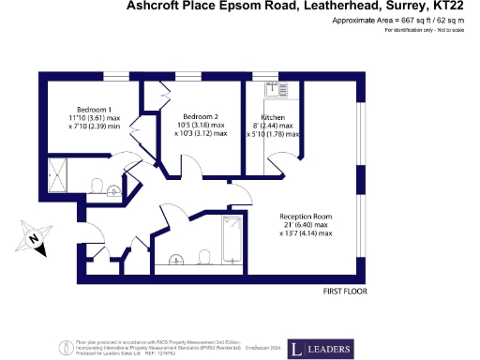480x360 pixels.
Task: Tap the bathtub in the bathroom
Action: click(x=232, y=233)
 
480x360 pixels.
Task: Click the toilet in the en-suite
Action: click(x=97, y=184)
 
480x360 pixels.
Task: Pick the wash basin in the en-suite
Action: click(x=114, y=190)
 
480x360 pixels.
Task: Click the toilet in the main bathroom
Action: click(x=204, y=256)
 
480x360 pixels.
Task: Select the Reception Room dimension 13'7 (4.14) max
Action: click(x=304, y=232)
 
